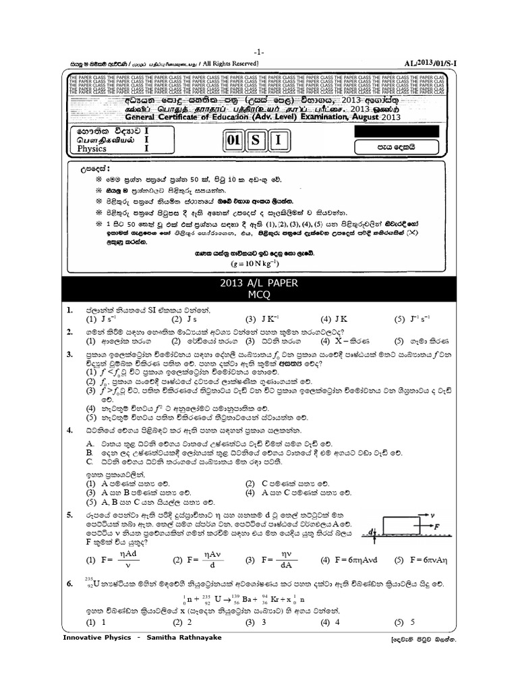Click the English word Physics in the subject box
92,148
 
